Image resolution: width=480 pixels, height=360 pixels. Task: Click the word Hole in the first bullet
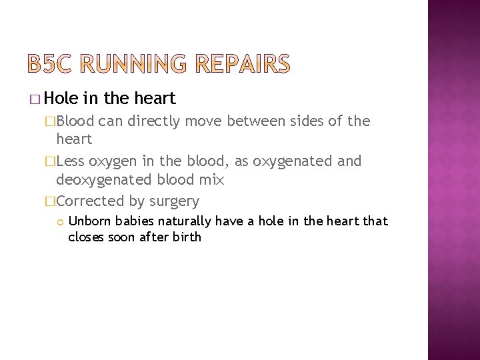[63, 99]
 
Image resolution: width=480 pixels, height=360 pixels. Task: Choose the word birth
[187, 237]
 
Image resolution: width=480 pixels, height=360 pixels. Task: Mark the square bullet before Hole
[35, 100]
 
